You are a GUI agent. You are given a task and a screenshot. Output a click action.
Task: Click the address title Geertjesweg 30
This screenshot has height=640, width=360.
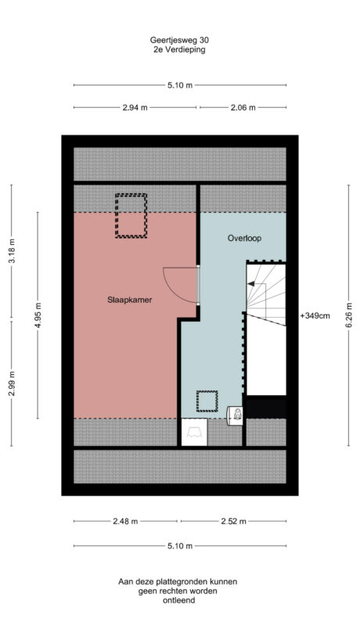[180, 38]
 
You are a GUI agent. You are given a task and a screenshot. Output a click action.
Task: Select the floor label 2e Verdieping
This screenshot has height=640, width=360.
[180, 49]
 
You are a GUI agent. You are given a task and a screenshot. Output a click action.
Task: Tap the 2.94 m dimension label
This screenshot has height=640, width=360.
[135, 108]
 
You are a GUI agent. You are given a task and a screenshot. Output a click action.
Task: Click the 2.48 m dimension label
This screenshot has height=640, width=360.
[125, 521]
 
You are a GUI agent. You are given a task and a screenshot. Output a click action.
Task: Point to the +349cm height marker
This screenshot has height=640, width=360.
[315, 316]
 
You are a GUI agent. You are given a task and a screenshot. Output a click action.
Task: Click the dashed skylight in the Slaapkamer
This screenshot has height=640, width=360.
[131, 215]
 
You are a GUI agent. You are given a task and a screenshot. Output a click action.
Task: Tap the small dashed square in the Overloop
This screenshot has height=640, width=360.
[207, 401]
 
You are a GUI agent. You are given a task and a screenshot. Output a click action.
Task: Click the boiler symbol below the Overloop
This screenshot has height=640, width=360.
[235, 415]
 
